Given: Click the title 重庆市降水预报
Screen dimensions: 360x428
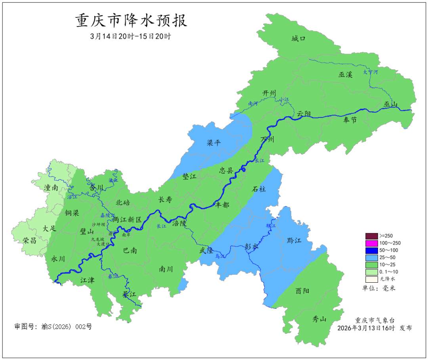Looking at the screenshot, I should [131, 21].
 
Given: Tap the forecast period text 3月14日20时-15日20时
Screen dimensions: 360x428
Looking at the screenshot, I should [130, 36].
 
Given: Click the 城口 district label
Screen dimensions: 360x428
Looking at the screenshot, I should [298, 38].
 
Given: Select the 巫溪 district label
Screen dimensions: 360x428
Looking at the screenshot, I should [345, 75].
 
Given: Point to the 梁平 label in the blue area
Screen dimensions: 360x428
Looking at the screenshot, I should [214, 143].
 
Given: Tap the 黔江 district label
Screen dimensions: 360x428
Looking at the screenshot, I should [294, 241].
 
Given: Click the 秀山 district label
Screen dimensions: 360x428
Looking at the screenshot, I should [319, 319].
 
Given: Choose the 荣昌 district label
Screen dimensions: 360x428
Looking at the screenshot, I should [30, 240].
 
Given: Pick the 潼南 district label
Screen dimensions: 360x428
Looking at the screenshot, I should [52, 188].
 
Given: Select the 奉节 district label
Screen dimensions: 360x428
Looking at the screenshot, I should [350, 120].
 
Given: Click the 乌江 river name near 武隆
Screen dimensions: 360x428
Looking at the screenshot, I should [220, 257].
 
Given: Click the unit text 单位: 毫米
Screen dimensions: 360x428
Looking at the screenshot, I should [378, 287].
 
